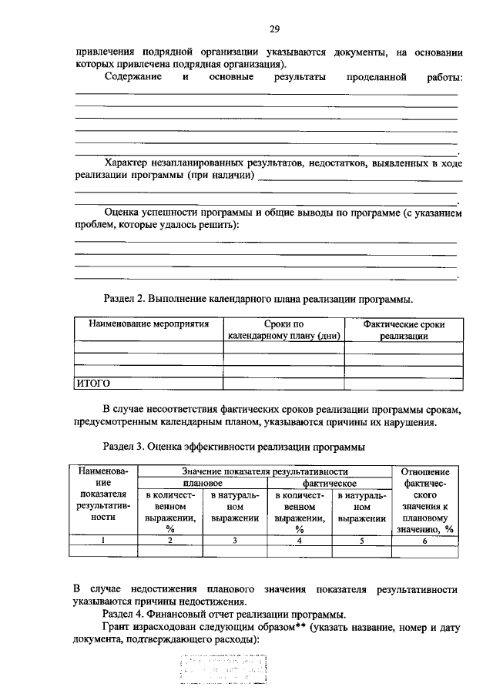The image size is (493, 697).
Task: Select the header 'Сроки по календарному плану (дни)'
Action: [283, 330]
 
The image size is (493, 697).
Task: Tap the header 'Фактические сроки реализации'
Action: [404, 330]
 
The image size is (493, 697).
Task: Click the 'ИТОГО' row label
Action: [92, 382]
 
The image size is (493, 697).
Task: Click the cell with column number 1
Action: [105, 540]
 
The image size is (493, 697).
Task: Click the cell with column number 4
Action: [300, 540]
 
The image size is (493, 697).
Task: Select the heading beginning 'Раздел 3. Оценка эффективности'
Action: [233, 446]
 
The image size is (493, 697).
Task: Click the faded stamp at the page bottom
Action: [223, 669]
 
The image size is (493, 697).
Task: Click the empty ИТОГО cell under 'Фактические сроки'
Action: [404, 382]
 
